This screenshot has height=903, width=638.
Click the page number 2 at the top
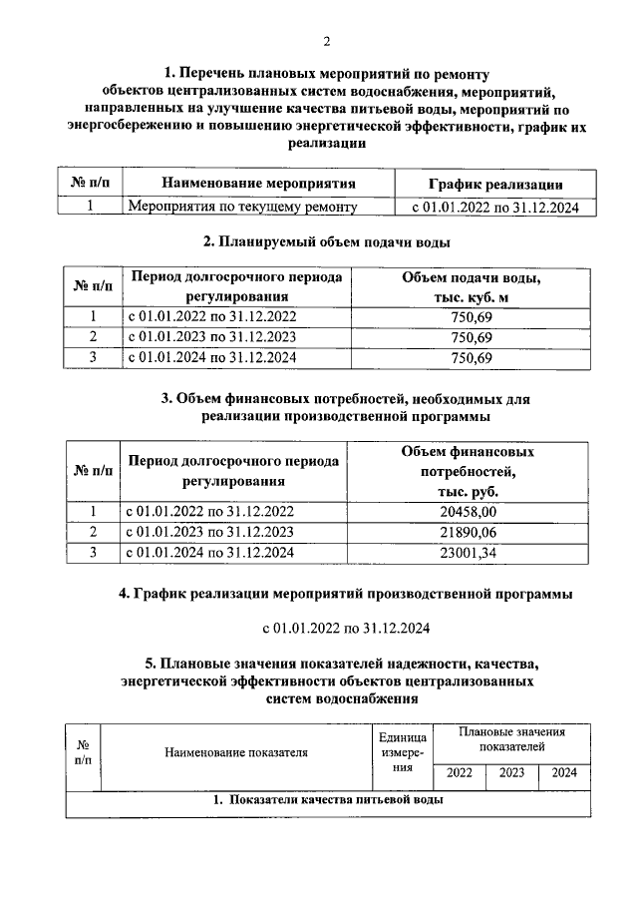326,40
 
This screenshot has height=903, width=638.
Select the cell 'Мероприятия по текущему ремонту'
242,207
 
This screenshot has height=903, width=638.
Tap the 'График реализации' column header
495,184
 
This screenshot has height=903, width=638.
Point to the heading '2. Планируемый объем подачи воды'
326,242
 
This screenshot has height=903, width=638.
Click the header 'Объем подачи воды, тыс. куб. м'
474,286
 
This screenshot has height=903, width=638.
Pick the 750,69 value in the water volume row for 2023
473,336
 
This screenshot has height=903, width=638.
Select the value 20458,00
474,511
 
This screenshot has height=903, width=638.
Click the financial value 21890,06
474,531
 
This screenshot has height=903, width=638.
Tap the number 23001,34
474,551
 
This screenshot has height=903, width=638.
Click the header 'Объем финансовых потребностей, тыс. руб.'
474,471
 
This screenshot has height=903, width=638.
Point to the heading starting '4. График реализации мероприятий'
345,594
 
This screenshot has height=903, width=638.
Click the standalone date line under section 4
346,630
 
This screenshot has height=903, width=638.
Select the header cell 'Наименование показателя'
236,752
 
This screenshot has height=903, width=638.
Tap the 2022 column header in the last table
460,772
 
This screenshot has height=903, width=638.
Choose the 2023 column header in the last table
512,772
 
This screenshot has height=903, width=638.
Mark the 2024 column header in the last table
564,772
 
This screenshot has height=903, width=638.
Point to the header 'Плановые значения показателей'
511,739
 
